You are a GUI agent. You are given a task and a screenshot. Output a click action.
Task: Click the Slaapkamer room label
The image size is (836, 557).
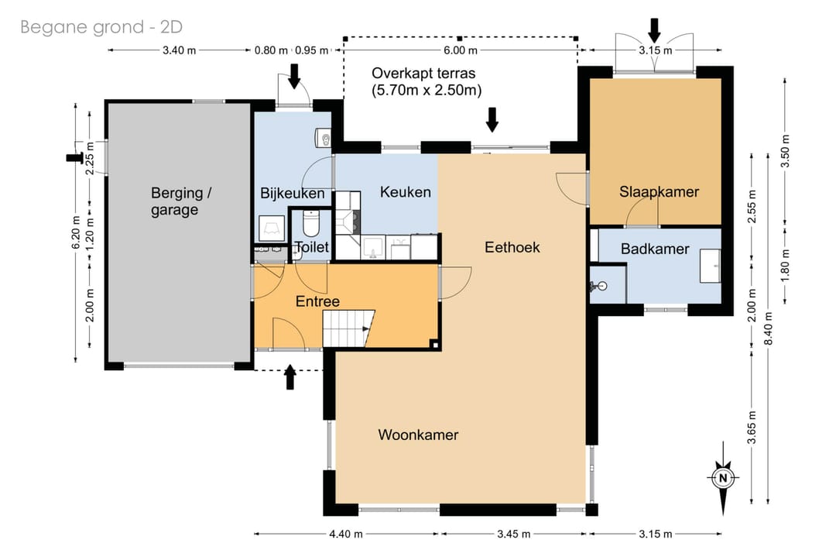[659, 191]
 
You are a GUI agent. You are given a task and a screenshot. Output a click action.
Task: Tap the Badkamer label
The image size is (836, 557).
[655, 249]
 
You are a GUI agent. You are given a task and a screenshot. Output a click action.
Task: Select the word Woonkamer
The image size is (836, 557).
[418, 435]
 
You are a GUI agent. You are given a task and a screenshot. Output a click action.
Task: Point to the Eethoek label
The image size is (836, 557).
[512, 247]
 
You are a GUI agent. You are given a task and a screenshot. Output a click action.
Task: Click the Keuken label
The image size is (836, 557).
[405, 192]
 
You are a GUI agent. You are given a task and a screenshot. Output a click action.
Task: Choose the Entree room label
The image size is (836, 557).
[317, 301]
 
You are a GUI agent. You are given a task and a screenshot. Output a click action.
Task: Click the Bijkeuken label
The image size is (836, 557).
[292, 193]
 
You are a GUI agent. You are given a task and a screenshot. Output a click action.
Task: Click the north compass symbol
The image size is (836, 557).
[723, 478]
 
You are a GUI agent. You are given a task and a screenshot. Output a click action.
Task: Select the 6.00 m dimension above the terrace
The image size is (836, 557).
[460, 50]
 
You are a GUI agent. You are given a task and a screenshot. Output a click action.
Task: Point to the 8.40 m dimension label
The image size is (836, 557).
[769, 328]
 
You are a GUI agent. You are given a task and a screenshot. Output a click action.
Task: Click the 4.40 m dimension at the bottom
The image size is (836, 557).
[345, 534]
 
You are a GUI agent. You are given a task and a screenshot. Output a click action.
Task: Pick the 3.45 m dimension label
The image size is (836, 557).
[513, 534]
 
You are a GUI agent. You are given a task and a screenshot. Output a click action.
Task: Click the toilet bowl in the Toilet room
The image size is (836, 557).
[310, 223]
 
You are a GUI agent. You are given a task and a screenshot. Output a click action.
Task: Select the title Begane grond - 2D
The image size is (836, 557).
[101, 26]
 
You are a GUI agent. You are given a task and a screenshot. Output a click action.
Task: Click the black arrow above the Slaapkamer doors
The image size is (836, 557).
[654, 30]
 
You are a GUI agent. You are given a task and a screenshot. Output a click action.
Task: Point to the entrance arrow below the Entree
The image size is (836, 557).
[290, 377]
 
